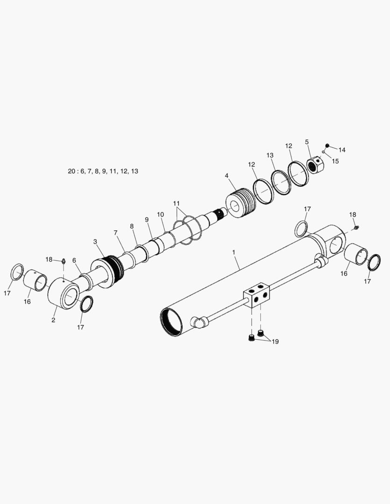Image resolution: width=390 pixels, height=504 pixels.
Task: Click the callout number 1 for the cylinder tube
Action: click(x=234, y=252)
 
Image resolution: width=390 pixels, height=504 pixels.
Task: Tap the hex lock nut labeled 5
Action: click(x=315, y=166)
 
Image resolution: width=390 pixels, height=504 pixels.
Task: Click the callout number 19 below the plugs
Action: click(x=275, y=342)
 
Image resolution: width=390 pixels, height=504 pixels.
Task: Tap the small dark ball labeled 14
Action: click(x=327, y=145)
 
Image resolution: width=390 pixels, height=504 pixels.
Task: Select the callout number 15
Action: click(x=335, y=161)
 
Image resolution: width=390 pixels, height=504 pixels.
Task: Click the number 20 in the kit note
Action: click(x=71, y=171)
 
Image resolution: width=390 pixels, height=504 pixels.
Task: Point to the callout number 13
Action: click(x=270, y=155)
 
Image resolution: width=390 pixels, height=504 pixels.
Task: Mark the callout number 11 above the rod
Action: click(x=176, y=203)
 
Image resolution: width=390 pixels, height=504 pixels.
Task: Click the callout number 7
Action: click(x=115, y=232)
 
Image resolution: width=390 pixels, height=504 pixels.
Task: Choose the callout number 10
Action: click(x=160, y=214)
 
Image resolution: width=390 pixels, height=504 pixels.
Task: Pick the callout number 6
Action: click(x=74, y=260)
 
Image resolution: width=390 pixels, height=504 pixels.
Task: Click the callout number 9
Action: click(x=146, y=219)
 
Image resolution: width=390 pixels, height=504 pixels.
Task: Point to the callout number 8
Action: click(x=132, y=226)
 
